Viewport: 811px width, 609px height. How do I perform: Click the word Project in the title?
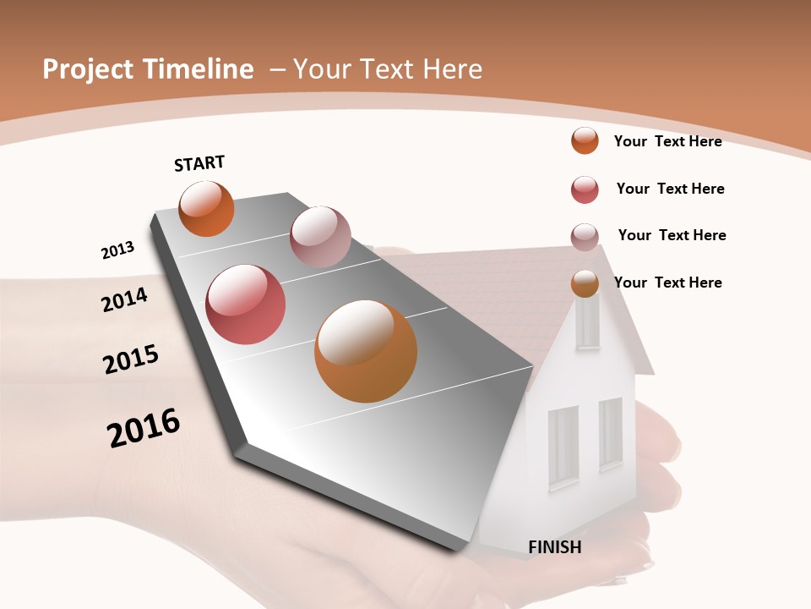click(x=87, y=69)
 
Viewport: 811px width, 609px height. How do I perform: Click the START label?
click(x=199, y=163)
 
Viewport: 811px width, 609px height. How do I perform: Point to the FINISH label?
click(x=555, y=547)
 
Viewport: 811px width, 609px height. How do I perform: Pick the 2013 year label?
click(x=118, y=250)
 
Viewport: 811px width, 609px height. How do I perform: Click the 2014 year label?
click(x=125, y=299)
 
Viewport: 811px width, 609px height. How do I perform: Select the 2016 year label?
click(x=144, y=428)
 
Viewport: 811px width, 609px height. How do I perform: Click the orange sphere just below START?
click(x=206, y=208)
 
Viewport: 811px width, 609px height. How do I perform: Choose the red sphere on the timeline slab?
click(x=246, y=304)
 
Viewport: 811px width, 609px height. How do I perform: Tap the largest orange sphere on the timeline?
click(x=366, y=351)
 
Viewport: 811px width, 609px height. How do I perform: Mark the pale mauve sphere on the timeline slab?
click(x=320, y=237)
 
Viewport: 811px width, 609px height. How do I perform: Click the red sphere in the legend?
click(x=585, y=189)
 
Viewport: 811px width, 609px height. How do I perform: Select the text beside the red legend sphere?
click(x=670, y=189)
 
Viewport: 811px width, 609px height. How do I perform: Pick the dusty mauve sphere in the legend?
click(x=585, y=236)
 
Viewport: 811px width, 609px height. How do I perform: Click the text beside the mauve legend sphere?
click(x=672, y=235)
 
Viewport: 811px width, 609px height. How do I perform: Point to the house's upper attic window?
click(x=587, y=322)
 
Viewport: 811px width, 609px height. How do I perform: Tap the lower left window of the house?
click(x=563, y=447)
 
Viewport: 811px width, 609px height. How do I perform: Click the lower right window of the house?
click(x=611, y=432)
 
